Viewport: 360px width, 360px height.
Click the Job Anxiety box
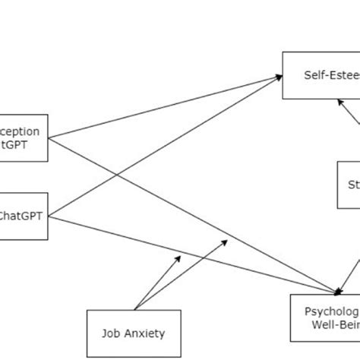134,331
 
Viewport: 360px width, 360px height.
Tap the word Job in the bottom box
112,332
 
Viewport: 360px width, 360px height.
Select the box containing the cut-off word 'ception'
24,137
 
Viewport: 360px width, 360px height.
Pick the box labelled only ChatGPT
24,215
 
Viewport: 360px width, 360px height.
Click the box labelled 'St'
349,185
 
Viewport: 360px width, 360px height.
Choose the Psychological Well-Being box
324,317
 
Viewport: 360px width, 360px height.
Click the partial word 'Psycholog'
331,311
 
